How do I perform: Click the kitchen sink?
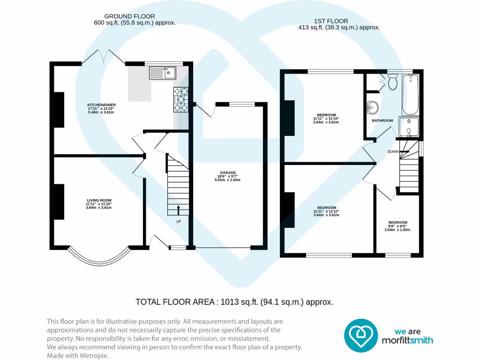click(163, 73)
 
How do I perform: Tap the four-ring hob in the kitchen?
click(181, 99)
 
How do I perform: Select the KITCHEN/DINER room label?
click(101, 105)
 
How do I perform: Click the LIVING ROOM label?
click(99, 201)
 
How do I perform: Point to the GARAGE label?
click(228, 172)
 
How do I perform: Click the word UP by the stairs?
click(179, 222)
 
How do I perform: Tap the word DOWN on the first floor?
click(393, 151)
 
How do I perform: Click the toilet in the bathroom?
click(392, 82)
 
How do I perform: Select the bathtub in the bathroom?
click(410, 94)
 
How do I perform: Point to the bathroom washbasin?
click(373, 108)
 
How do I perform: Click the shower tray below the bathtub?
click(409, 127)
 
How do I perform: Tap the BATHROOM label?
click(382, 120)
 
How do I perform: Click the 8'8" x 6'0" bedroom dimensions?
click(397, 226)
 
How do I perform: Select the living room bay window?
click(99, 261)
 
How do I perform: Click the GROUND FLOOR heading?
click(129, 16)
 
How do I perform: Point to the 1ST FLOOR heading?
click(331, 21)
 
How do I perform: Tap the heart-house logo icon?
click(361, 336)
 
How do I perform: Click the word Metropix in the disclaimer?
click(94, 356)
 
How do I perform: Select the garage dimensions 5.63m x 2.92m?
click(227, 180)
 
